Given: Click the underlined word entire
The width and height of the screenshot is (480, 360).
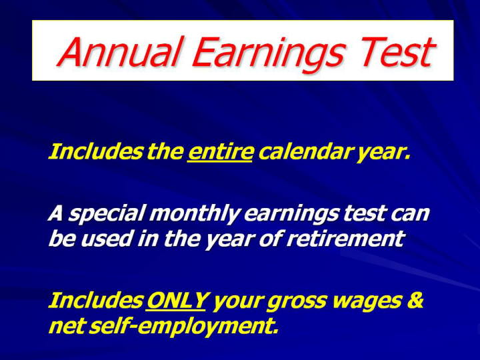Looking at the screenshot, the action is click(x=221, y=151).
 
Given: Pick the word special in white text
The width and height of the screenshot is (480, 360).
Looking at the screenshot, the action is click(x=106, y=214).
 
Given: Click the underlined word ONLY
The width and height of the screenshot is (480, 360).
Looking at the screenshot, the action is click(x=177, y=300).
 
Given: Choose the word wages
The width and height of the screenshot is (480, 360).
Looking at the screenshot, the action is click(x=367, y=302).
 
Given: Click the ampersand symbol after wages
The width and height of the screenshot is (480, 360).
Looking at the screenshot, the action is click(x=415, y=300).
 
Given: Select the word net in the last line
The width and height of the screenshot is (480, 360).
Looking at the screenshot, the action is click(x=66, y=327).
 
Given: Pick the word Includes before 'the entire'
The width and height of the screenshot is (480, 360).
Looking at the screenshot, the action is click(x=95, y=151).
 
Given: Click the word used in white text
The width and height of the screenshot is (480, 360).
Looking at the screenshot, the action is click(x=105, y=239).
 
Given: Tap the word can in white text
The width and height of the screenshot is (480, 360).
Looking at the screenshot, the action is click(x=410, y=215).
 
